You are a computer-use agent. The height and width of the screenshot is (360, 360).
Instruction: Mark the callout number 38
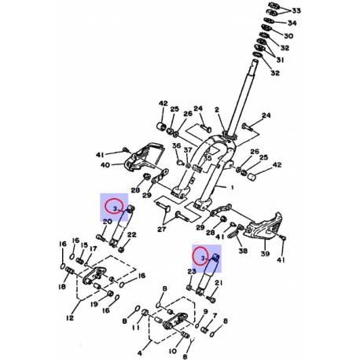click(243, 251)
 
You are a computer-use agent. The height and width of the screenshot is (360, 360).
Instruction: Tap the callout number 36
click(177, 146)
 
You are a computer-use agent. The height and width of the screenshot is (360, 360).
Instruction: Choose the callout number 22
click(132, 235)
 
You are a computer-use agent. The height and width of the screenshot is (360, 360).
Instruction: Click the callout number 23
click(191, 272)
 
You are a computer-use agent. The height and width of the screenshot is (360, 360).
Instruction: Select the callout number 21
click(218, 283)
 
